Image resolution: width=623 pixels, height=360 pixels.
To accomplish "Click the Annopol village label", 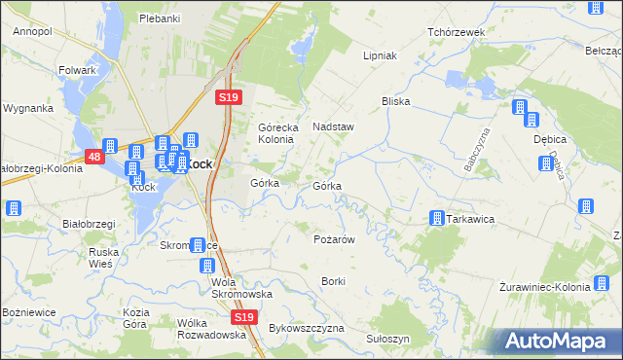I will click(32, 31).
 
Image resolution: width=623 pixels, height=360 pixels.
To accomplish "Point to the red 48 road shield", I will click(93, 156).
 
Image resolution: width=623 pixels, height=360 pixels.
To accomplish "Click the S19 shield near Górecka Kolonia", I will click(227, 97).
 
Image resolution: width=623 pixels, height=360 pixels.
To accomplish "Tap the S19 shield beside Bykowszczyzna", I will click(244, 317).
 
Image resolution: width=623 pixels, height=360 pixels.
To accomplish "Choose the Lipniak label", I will click(381, 55).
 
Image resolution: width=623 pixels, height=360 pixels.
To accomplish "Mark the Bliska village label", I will click(396, 101).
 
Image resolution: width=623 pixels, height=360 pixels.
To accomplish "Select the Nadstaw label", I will click(332, 126).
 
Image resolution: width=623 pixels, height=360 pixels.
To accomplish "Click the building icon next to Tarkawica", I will click(436, 219).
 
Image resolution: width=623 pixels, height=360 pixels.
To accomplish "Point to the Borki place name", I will click(333, 281).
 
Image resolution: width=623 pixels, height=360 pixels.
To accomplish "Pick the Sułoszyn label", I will click(388, 339).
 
